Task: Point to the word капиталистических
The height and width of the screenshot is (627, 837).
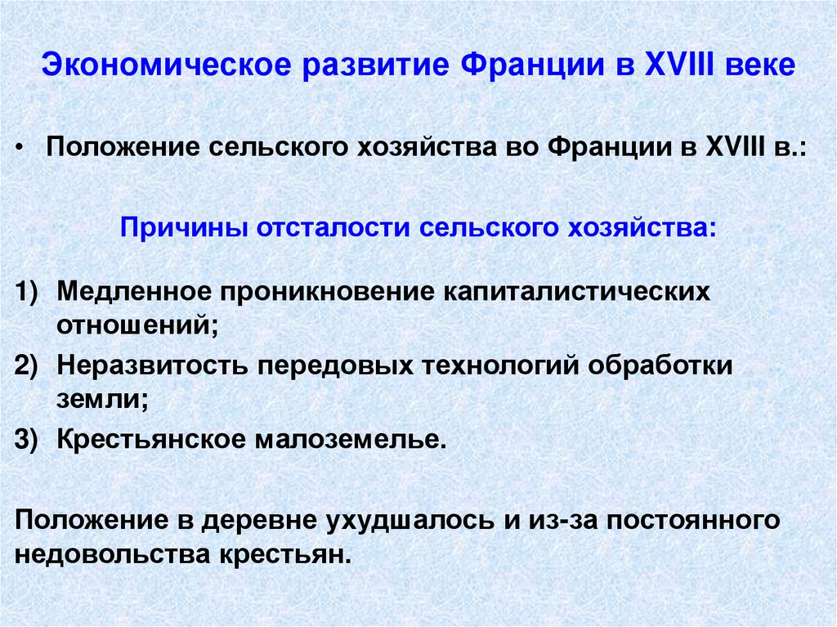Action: point(576,292)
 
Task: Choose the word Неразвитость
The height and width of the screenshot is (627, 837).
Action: point(153,365)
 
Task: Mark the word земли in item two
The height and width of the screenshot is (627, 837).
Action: point(101,399)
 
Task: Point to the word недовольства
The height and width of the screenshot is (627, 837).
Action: point(112,554)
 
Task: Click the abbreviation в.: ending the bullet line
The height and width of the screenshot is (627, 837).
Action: point(790,150)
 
